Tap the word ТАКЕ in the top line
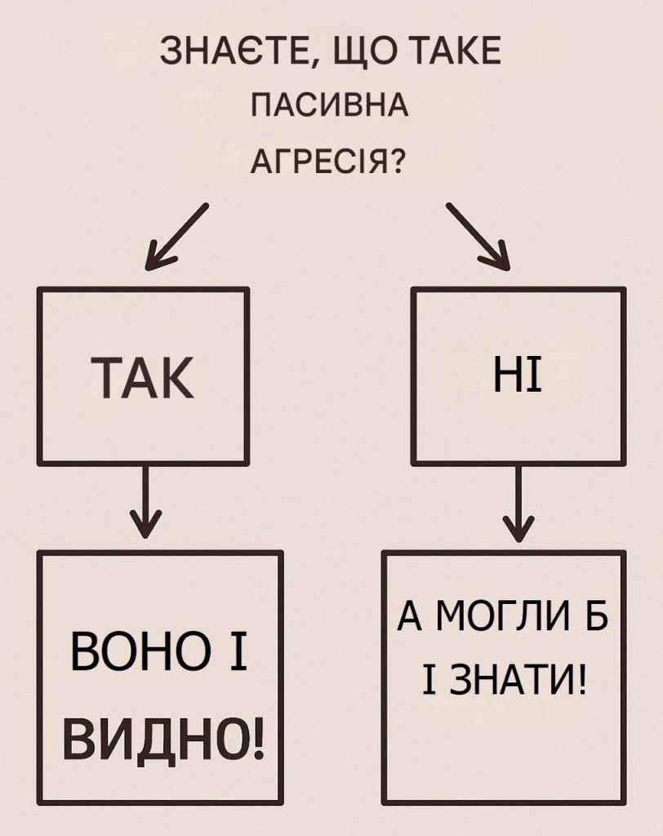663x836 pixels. click(456, 51)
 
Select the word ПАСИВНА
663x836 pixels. click(330, 105)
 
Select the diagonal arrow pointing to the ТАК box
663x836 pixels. click(176, 236)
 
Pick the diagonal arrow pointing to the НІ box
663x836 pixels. click(478, 236)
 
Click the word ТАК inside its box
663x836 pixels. click(142, 377)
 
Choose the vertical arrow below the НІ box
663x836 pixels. click(518, 502)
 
